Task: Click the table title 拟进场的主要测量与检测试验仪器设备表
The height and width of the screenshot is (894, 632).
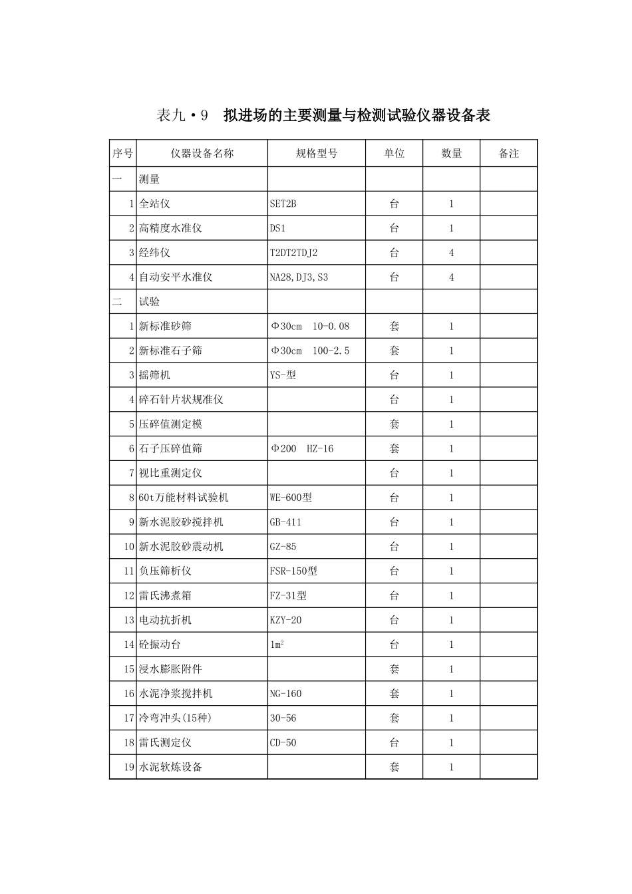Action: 357,116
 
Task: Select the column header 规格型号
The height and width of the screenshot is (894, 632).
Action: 317,154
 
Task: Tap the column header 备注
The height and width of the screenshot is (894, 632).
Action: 508,154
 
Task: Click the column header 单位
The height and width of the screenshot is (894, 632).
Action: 394,154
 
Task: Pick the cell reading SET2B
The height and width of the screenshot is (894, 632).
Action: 283,204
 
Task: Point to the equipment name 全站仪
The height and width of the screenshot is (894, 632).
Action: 154,204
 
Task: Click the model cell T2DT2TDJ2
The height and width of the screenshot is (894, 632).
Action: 294,253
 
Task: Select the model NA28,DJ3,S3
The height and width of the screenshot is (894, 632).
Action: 299,277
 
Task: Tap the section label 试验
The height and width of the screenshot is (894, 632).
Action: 150,302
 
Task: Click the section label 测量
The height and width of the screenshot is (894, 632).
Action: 150,180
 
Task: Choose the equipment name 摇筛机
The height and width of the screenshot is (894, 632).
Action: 154,375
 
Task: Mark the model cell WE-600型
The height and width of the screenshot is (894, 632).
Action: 291,498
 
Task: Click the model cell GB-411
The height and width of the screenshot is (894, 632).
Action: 285,522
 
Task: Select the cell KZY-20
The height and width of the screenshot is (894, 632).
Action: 285,620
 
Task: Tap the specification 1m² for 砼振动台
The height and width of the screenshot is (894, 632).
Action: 277,645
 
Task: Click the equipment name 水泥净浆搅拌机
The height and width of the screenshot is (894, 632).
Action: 176,694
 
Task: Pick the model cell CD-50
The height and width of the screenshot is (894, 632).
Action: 283,742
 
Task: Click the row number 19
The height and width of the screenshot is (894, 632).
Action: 129,767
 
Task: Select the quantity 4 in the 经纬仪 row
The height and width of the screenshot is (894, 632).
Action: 451,253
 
